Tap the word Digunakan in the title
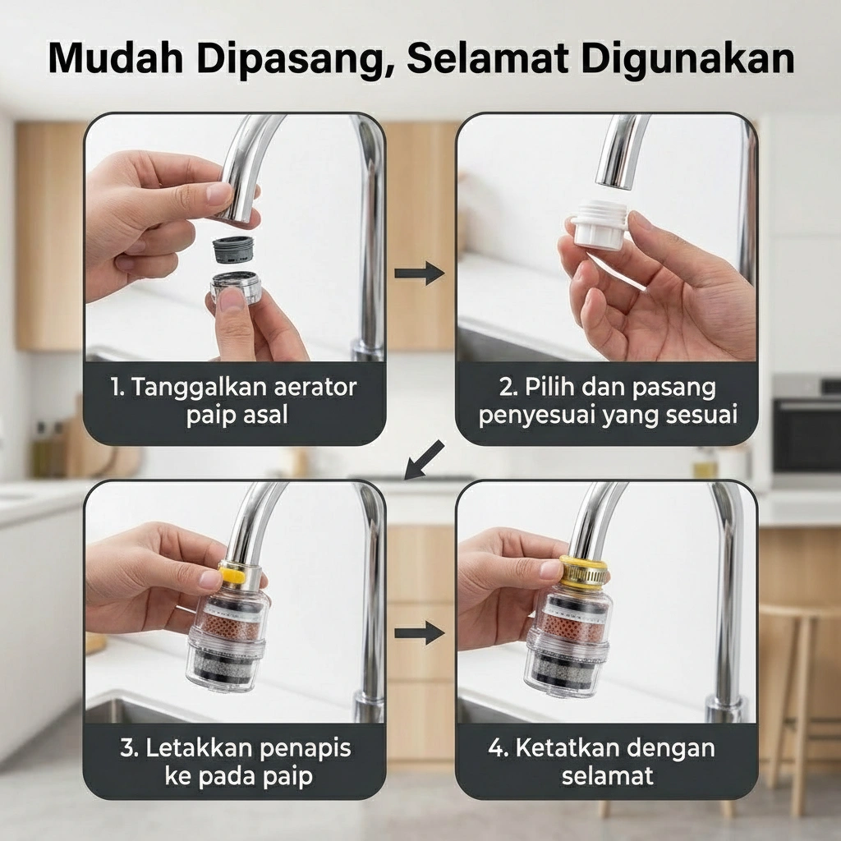pos(688,58)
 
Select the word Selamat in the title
pos(488,57)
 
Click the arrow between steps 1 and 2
pos(420,273)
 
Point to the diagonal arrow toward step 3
pos(424,460)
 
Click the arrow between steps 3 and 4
pos(420,633)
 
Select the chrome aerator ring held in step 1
pos(236,286)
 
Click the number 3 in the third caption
pos(128,748)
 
